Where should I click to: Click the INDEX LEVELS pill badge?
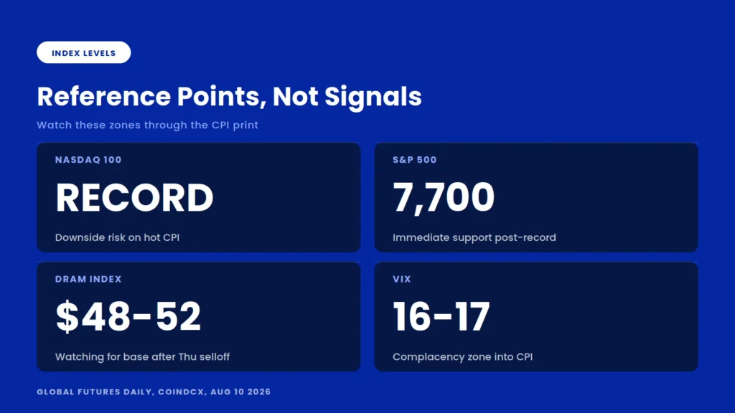(83, 52)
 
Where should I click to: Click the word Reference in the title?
(104, 97)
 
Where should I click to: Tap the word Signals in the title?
(373, 97)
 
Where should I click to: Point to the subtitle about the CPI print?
(148, 125)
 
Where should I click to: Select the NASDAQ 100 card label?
(88, 160)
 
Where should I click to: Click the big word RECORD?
(134, 197)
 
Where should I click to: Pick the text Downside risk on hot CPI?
(117, 237)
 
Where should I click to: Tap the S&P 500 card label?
(414, 160)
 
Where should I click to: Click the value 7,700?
(444, 198)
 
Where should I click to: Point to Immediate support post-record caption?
(474, 237)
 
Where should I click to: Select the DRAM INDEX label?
(88, 279)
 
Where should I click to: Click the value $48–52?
(128, 316)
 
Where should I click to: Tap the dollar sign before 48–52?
(67, 316)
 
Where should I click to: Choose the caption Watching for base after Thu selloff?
(143, 357)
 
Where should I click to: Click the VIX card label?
(402, 279)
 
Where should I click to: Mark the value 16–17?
(441, 316)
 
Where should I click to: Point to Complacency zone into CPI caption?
(463, 357)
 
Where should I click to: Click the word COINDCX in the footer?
(182, 392)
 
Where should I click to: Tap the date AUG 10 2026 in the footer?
(240, 392)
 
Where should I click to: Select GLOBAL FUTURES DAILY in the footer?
(95, 392)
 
